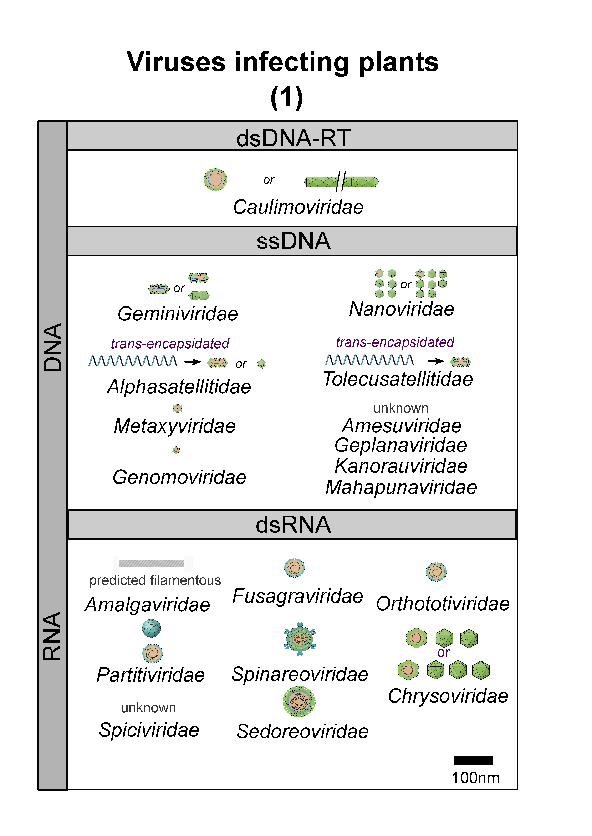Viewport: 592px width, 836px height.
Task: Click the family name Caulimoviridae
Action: click(x=298, y=207)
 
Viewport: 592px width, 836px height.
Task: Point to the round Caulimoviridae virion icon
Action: click(x=215, y=179)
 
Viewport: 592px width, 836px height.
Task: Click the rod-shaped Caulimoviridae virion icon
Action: click(x=342, y=181)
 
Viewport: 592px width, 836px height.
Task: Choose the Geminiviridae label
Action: click(x=178, y=314)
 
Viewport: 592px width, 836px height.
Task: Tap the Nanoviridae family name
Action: click(x=402, y=309)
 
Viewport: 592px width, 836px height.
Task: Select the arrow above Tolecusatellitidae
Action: click(x=436, y=361)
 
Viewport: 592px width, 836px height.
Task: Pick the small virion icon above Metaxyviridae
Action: click(x=177, y=408)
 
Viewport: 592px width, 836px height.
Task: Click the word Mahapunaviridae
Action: click(x=401, y=487)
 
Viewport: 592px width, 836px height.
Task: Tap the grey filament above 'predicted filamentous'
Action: click(x=151, y=564)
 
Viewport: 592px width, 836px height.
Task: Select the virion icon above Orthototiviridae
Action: click(x=436, y=572)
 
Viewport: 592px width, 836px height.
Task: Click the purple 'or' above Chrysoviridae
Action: click(x=443, y=653)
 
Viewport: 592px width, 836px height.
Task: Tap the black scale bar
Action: click(x=474, y=760)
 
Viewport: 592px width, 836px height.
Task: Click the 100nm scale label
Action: click(x=475, y=778)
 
